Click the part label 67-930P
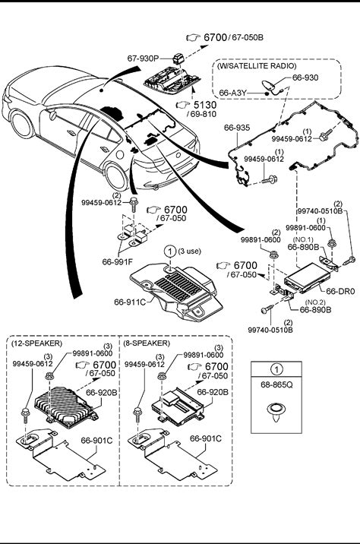[x=143, y=59]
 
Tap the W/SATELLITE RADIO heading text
[x=257, y=66]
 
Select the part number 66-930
[x=305, y=77]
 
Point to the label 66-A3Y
[x=232, y=93]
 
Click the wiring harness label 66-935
[x=237, y=128]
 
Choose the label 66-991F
[x=117, y=261]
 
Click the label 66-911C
[x=130, y=302]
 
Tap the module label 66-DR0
[x=341, y=292]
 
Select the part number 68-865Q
[x=276, y=384]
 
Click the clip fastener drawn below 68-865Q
[x=276, y=413]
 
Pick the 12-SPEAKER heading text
[x=36, y=343]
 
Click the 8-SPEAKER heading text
[x=147, y=343]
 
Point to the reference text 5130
[x=205, y=104]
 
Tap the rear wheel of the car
[x=116, y=176]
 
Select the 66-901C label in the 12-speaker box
[x=96, y=441]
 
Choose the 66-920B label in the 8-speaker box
[x=213, y=392]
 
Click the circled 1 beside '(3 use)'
[x=170, y=251]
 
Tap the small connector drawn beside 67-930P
[x=178, y=58]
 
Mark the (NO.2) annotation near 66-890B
[x=316, y=302]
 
